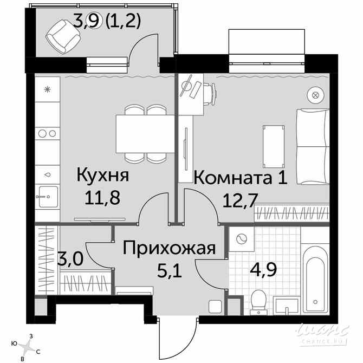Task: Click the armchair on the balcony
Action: tap(63, 37)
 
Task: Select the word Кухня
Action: tap(102, 175)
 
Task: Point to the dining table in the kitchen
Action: tap(145, 134)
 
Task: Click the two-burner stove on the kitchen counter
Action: tap(47, 134)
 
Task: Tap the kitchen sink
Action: tap(48, 197)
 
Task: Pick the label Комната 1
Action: tap(241, 178)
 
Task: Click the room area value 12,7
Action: tap(240, 200)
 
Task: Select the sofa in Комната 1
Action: tap(313, 146)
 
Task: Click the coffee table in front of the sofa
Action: tap(274, 146)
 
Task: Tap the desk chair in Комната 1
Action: tap(210, 94)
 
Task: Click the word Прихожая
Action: tap(169, 248)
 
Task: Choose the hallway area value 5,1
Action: tap(169, 270)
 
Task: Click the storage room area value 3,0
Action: tap(70, 258)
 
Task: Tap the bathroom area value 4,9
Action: tap(264, 269)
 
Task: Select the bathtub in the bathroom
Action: tap(315, 279)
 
